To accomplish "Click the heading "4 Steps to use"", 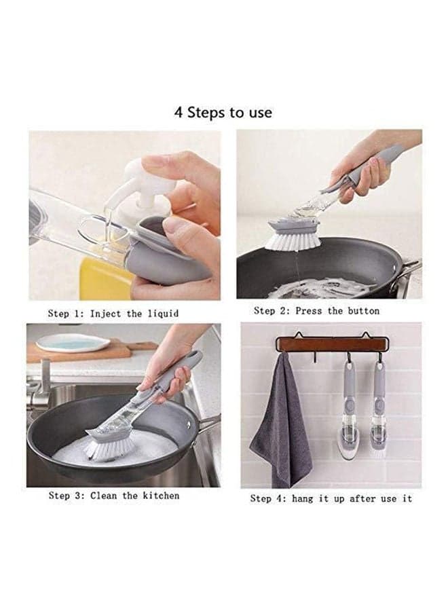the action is pos(223,113).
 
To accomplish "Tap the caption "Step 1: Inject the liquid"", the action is pos(113,314).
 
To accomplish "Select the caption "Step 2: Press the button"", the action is pos(316,311).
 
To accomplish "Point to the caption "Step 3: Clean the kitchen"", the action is pos(114,496).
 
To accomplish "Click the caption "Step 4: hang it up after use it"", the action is pos(331,498).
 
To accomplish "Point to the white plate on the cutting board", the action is pos(73,344).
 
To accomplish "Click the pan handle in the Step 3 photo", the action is pos(207,422).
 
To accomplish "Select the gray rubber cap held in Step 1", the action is pos(172,253).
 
